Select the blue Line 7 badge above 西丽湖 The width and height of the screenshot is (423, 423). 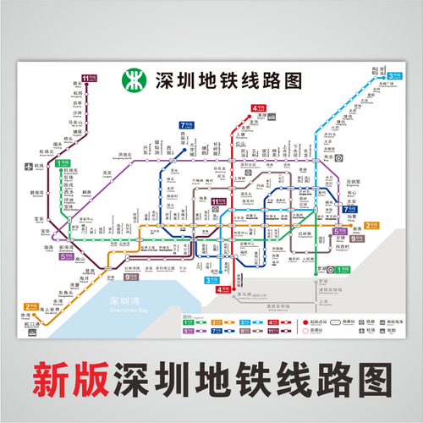[x=184, y=124]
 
